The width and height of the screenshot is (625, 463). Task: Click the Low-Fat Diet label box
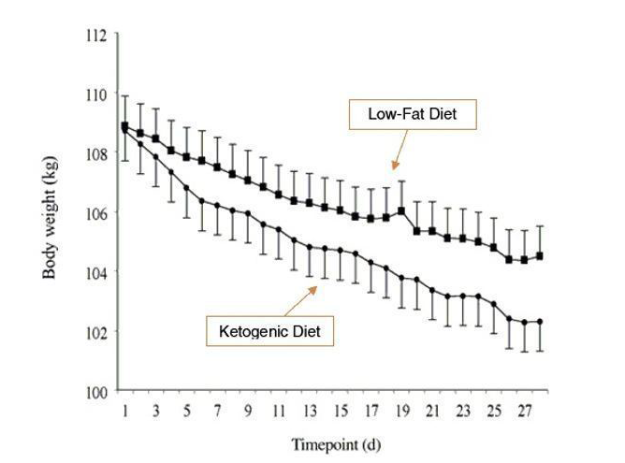point(412,116)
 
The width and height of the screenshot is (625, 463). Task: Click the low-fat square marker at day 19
point(401,210)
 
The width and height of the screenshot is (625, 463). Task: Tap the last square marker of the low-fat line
point(540,255)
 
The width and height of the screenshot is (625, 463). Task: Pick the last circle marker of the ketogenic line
point(540,322)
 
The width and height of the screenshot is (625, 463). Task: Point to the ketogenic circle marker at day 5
point(186,188)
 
